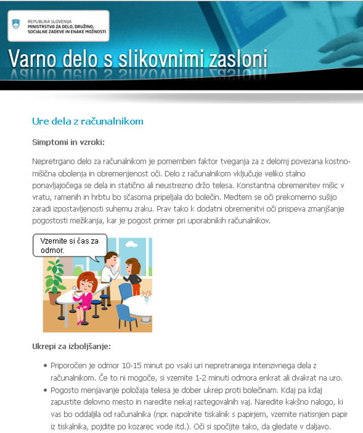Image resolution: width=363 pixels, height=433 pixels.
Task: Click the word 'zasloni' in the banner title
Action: click(x=237, y=60)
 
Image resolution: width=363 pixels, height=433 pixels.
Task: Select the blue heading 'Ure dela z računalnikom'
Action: click(x=87, y=122)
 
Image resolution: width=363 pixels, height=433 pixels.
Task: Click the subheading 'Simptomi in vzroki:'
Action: click(x=68, y=142)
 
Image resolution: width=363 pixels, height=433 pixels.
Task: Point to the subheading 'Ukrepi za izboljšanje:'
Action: click(x=71, y=346)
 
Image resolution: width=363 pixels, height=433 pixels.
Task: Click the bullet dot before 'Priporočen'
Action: click(x=46, y=365)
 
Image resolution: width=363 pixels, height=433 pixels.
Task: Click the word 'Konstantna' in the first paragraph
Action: click(x=249, y=185)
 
